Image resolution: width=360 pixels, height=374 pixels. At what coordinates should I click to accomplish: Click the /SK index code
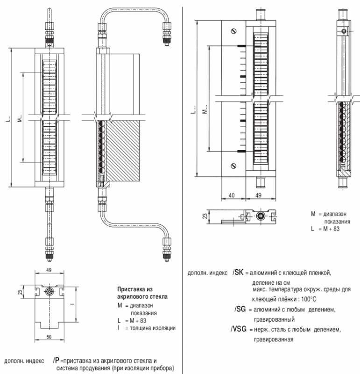pyautogui.click(x=238, y=272)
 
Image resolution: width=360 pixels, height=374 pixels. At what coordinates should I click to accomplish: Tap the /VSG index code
pyautogui.click(x=239, y=330)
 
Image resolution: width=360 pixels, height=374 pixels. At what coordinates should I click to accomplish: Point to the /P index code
pyautogui.click(x=56, y=361)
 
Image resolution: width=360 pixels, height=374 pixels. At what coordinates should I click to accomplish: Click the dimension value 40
pyautogui.click(x=232, y=196)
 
